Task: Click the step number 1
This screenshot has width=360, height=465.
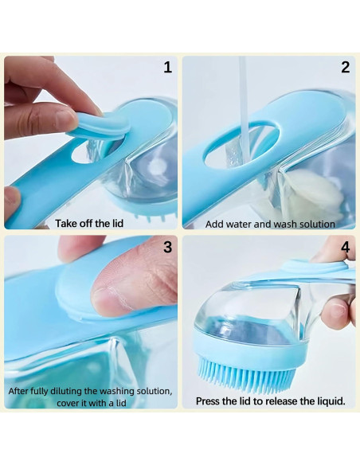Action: click(x=167, y=68)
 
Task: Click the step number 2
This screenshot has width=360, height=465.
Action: click(x=345, y=68)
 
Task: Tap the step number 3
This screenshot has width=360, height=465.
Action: click(x=167, y=247)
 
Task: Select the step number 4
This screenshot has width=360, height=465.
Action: click(x=345, y=248)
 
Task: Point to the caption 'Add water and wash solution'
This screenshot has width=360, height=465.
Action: click(x=270, y=224)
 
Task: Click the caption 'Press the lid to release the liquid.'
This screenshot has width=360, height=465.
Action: click(x=270, y=401)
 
